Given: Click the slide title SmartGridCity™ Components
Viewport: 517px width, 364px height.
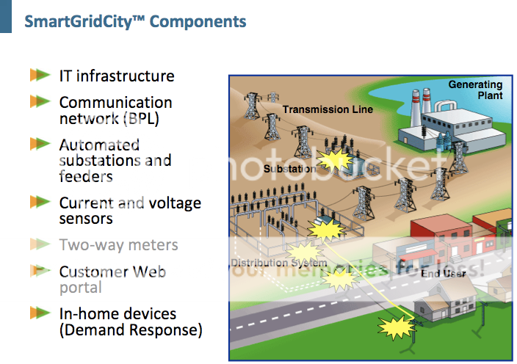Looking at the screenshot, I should tap(135, 21).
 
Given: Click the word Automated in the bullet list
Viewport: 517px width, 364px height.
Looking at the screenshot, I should tap(99, 145).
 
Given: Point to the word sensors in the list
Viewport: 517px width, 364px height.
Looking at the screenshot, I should tap(86, 219).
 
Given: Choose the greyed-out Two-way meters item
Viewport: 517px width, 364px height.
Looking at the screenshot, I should tap(118, 244).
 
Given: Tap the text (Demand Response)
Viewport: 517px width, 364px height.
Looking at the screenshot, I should tap(131, 330).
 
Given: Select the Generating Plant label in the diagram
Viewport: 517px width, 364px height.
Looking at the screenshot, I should tap(475, 90).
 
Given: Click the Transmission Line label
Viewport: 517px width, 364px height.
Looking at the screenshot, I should tap(328, 109).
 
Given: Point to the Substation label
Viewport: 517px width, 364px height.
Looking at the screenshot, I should tap(289, 169).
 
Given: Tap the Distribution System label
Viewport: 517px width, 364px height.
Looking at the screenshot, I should tap(279, 263).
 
